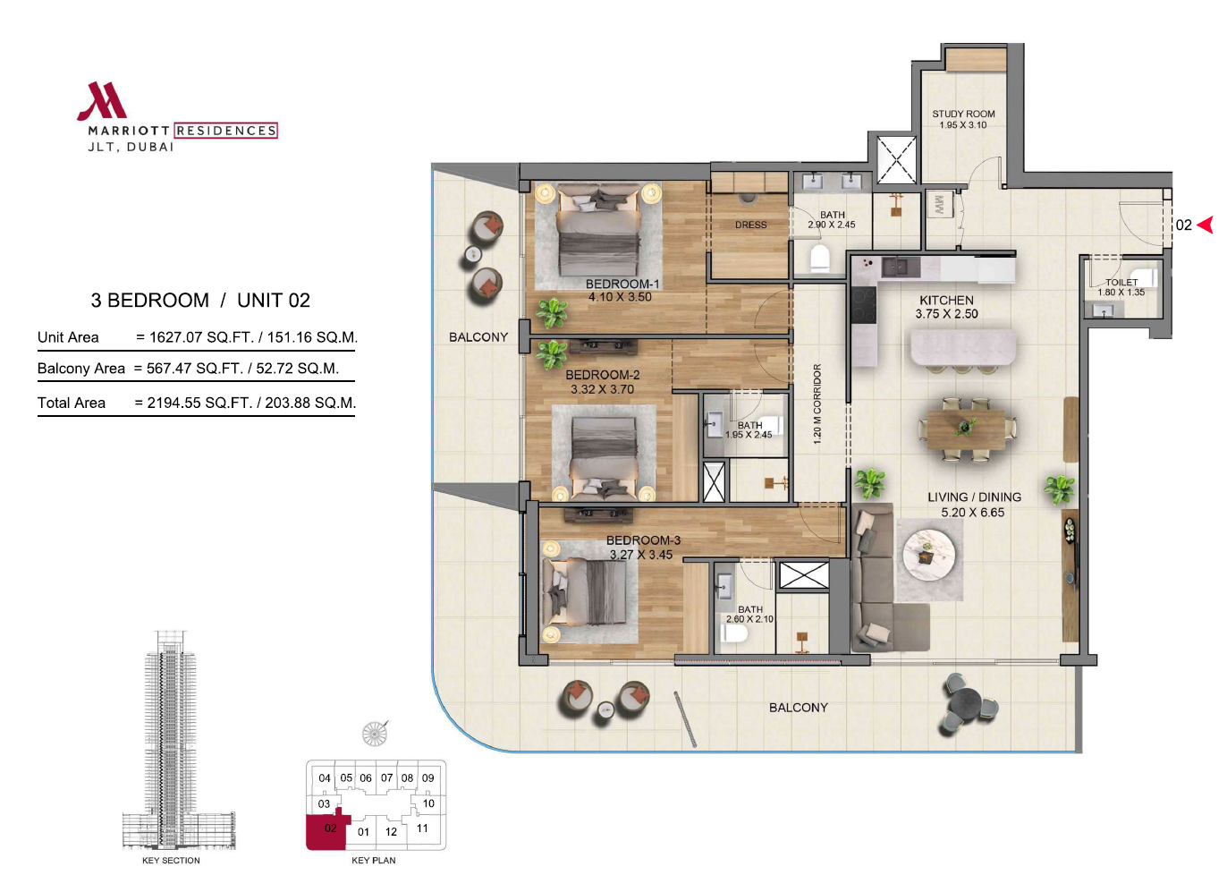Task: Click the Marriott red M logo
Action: pyautogui.click(x=102, y=101)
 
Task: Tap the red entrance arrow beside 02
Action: pyautogui.click(x=1206, y=225)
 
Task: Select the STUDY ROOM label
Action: pyautogui.click(x=963, y=114)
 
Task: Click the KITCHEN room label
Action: pyautogui.click(x=946, y=301)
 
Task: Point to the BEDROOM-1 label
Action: pyautogui.click(x=622, y=284)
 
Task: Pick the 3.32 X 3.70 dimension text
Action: pyautogui.click(x=602, y=389)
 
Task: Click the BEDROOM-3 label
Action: pyautogui.click(x=643, y=540)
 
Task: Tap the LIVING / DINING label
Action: pyautogui.click(x=975, y=497)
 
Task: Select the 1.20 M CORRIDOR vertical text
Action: pyautogui.click(x=817, y=404)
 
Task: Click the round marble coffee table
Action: pyautogui.click(x=929, y=554)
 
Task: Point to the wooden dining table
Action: pyautogui.click(x=966, y=430)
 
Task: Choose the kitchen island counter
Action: pyautogui.click(x=963, y=347)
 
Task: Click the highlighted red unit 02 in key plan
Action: pyautogui.click(x=326, y=831)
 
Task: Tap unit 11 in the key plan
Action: pyautogui.click(x=422, y=828)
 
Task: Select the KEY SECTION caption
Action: pyautogui.click(x=171, y=860)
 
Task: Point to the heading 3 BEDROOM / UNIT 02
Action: pyautogui.click(x=200, y=301)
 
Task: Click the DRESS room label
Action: pyautogui.click(x=750, y=225)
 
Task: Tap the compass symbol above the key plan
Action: pyautogui.click(x=376, y=733)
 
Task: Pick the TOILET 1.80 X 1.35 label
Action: pyautogui.click(x=1121, y=287)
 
